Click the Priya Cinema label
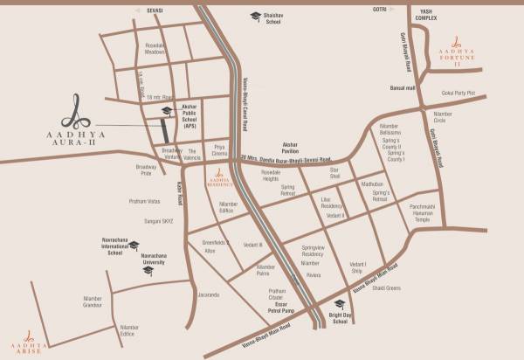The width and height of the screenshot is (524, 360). (x=215, y=152)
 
